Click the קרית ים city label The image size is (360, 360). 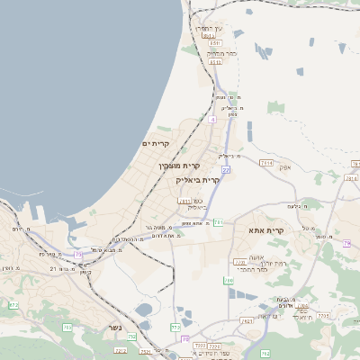click(x=156, y=144)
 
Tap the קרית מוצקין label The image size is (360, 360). click(x=178, y=166)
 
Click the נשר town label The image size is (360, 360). click(x=114, y=328)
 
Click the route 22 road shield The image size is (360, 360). click(x=225, y=169)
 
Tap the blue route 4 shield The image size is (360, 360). click(x=211, y=119)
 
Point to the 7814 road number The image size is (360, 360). click(x=265, y=163)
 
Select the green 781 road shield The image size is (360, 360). click(x=218, y=222)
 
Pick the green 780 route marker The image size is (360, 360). click(x=229, y=281)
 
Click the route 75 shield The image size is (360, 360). click(x=78, y=255)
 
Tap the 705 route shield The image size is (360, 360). click(x=67, y=328)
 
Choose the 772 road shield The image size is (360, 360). click(x=175, y=327)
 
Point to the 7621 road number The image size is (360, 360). click(x=247, y=320)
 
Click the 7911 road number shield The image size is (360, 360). click(x=184, y=202)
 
